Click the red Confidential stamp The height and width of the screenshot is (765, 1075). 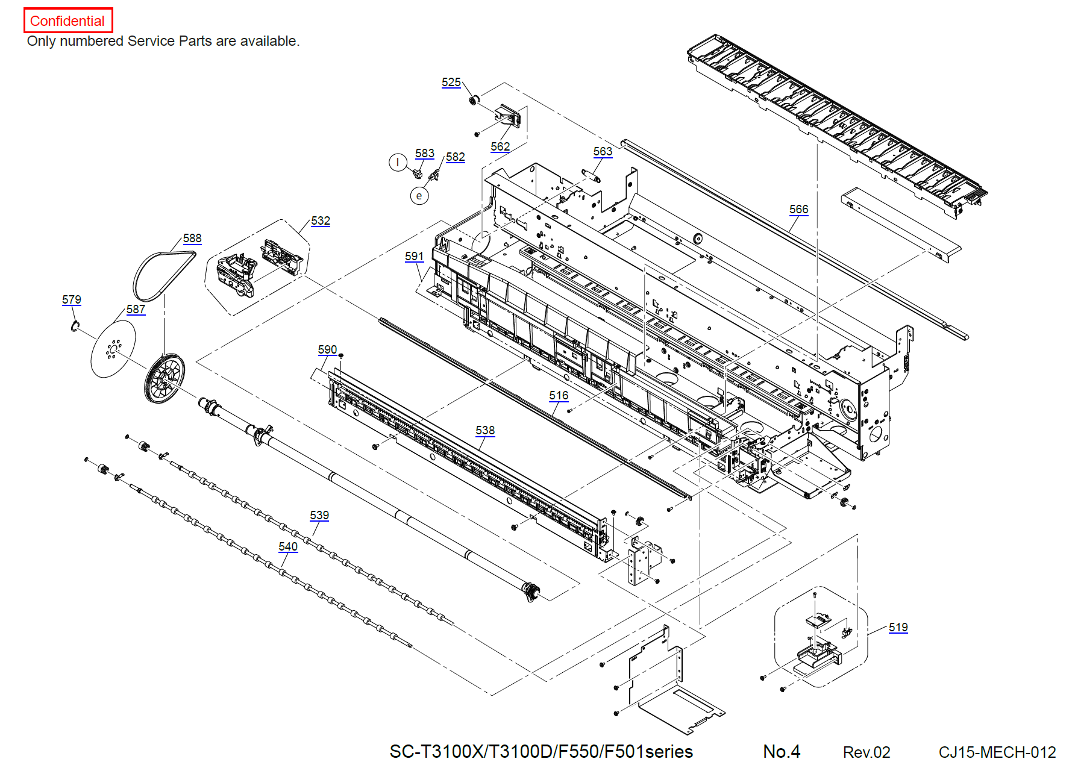tap(68, 20)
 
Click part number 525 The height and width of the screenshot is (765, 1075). tap(451, 83)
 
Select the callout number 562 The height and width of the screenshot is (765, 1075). tap(500, 146)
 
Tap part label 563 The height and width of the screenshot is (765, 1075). tap(603, 151)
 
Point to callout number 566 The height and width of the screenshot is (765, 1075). tap(799, 209)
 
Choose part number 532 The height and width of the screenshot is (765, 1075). tap(321, 220)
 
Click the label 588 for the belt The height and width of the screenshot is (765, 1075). tap(192, 238)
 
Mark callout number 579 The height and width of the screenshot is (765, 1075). tap(72, 299)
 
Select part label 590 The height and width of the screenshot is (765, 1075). tap(327, 349)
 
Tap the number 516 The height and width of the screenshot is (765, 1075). tap(559, 395)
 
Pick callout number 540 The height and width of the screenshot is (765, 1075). tap(288, 546)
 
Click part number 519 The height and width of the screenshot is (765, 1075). tap(898, 627)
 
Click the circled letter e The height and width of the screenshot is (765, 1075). tap(419, 196)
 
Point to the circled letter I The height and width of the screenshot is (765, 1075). tap(398, 162)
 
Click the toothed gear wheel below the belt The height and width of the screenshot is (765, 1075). tap(165, 378)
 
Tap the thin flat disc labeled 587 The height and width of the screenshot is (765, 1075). tap(113, 349)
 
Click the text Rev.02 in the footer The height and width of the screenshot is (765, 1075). tap(867, 752)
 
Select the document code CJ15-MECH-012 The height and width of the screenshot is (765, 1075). tap(997, 752)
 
